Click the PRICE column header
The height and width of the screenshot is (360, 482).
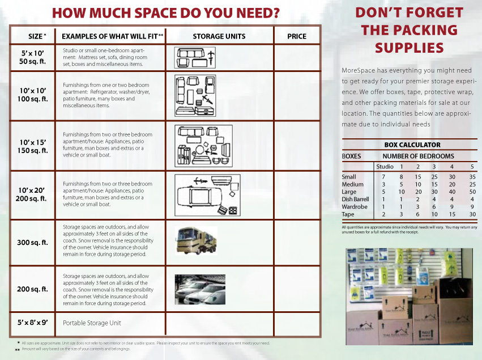[x=297, y=36]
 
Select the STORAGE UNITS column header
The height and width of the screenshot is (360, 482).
[x=219, y=36]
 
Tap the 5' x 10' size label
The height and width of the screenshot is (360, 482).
[x=33, y=57]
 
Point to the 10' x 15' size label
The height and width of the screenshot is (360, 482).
[x=33, y=146]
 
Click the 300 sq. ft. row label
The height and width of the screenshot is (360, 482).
[x=32, y=243]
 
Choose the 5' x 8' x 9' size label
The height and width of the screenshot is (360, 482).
[x=32, y=323]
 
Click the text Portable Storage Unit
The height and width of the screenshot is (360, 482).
[x=92, y=323]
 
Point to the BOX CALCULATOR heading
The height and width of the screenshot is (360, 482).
[x=412, y=145]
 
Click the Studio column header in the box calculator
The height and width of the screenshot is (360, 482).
[x=384, y=167]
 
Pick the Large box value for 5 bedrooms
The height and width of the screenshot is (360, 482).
[x=472, y=192]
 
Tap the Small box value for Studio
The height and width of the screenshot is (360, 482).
[x=383, y=177]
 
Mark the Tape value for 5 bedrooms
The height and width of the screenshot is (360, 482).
[x=472, y=214]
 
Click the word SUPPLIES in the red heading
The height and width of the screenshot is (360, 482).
[x=410, y=48]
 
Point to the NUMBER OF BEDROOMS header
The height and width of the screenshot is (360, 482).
[x=418, y=156]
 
